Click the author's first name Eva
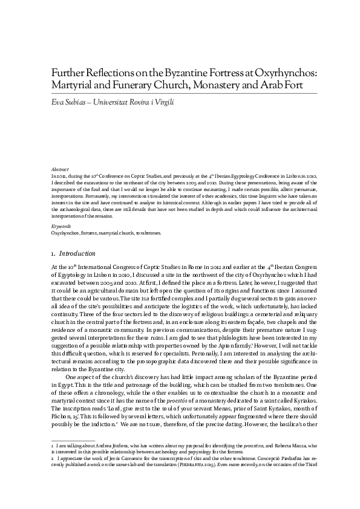[57, 103]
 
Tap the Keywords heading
[61, 226]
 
